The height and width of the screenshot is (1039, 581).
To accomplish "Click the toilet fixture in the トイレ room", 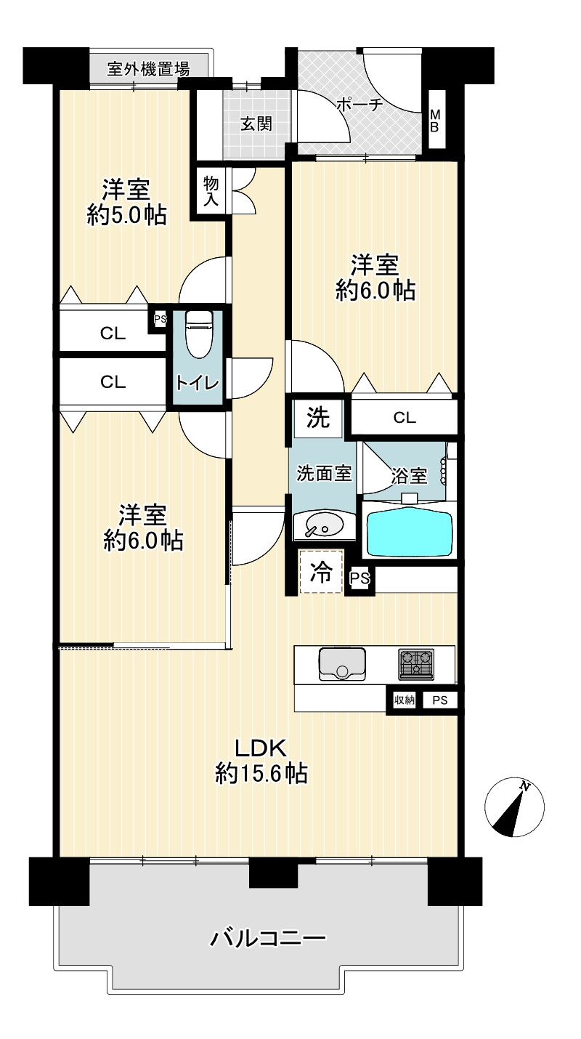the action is tap(199, 334).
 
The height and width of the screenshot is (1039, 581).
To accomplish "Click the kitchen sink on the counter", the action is tap(342, 664).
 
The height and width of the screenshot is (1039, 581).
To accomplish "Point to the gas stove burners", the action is tap(416, 664).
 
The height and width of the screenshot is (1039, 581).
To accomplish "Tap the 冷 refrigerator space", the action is tap(321, 571).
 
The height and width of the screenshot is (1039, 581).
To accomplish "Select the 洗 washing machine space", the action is tap(319, 418).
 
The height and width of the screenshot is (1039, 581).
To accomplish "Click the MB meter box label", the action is tap(435, 121).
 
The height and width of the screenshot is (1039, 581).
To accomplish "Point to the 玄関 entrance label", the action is tap(256, 124).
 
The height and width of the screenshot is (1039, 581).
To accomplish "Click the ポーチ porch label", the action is tap(359, 105).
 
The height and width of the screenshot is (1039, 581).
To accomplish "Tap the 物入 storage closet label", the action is tap(211, 191).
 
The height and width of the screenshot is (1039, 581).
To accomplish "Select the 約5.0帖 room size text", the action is tap(126, 215).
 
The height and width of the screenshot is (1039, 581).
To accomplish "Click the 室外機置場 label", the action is tap(148, 69).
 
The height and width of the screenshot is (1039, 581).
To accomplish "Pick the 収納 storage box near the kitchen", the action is tap(405, 700).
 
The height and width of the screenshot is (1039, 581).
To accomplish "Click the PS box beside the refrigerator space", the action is tap(359, 578).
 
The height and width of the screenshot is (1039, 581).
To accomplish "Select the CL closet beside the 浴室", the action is tap(405, 418).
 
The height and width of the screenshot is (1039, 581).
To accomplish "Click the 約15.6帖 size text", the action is tap(261, 773).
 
